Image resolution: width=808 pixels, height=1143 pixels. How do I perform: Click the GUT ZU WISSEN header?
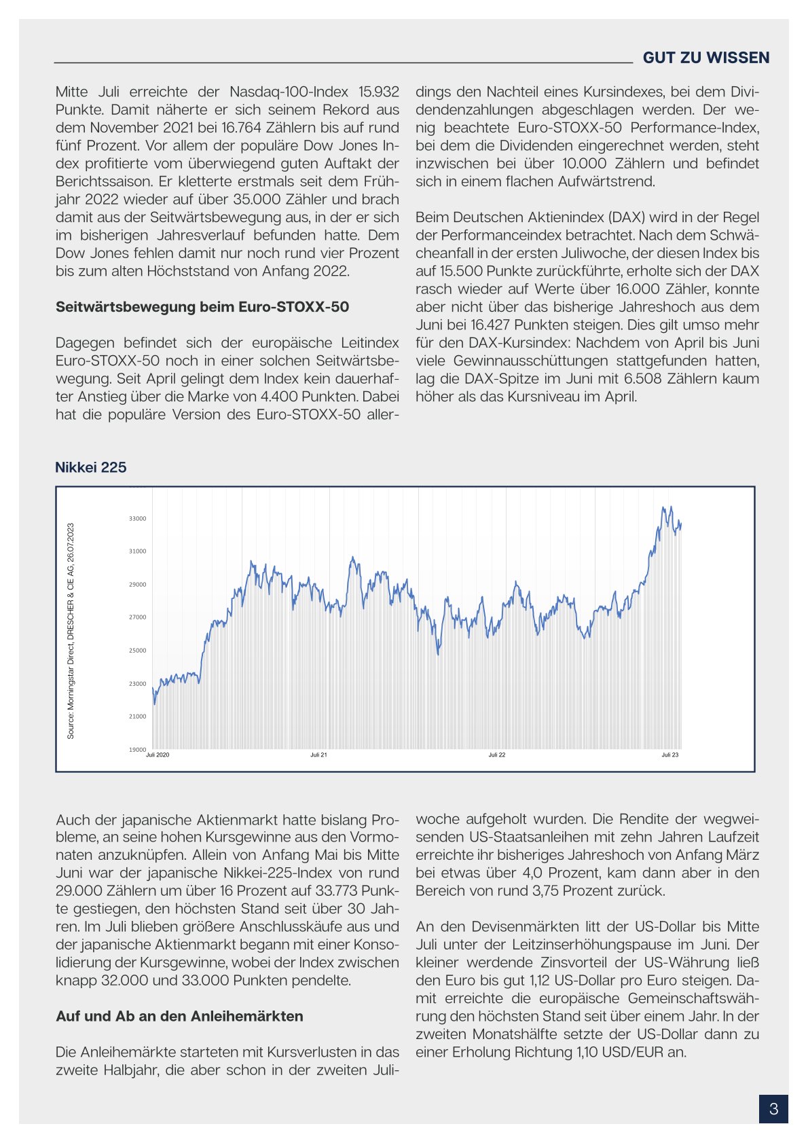click(x=705, y=58)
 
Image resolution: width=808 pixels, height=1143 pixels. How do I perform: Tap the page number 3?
click(x=773, y=1110)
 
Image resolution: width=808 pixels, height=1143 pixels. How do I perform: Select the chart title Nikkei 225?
click(x=90, y=467)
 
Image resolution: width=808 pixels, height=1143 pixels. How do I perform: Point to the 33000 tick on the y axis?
click(x=137, y=519)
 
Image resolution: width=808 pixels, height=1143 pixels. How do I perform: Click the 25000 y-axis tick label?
click(x=137, y=651)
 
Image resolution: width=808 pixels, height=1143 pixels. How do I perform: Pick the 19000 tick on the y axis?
click(x=137, y=750)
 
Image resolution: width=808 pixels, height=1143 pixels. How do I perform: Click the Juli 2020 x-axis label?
click(x=158, y=755)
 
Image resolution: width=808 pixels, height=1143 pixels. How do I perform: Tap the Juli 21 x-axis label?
click(x=318, y=755)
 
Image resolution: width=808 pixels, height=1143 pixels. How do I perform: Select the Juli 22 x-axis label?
click(x=497, y=755)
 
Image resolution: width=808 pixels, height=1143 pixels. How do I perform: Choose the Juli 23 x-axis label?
click(x=670, y=755)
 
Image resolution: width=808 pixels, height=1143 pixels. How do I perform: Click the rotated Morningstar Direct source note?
click(x=71, y=631)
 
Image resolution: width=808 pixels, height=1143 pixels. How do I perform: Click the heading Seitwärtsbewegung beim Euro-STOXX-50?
click(x=202, y=307)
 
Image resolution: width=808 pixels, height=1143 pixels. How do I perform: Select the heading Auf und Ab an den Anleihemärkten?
click(x=179, y=1017)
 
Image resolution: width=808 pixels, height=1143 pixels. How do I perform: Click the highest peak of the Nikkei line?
click(x=663, y=507)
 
